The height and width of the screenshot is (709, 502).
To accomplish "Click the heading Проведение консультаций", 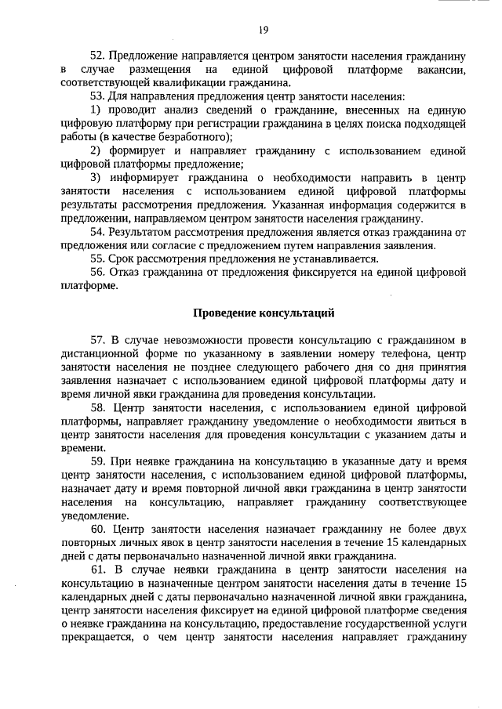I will (x=264, y=314).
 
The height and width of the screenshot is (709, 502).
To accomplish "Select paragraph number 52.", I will (x=98, y=57).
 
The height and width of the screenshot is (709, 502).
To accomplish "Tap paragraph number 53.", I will (x=98, y=96).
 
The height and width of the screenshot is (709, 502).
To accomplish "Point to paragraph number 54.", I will (x=98, y=233).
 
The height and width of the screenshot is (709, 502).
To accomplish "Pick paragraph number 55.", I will (x=98, y=259).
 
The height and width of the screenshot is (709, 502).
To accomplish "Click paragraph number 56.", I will (x=98, y=272).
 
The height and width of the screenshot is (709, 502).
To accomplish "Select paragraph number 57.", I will (x=98, y=341).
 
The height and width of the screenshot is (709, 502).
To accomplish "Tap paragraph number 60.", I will (x=98, y=530).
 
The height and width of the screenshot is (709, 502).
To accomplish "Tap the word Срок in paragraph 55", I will (x=124, y=259).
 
